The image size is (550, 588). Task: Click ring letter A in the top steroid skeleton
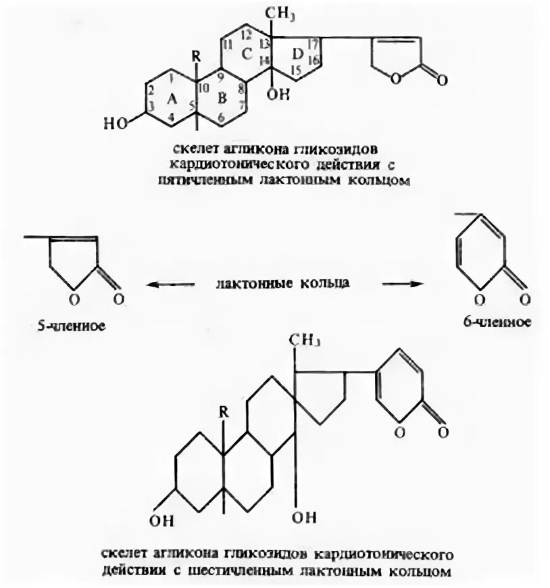(x=172, y=99)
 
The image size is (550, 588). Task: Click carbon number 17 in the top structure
(x=313, y=45)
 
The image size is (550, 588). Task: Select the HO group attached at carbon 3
(x=115, y=124)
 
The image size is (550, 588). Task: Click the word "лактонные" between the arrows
(x=245, y=284)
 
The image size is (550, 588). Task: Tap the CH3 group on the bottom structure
(x=304, y=339)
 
